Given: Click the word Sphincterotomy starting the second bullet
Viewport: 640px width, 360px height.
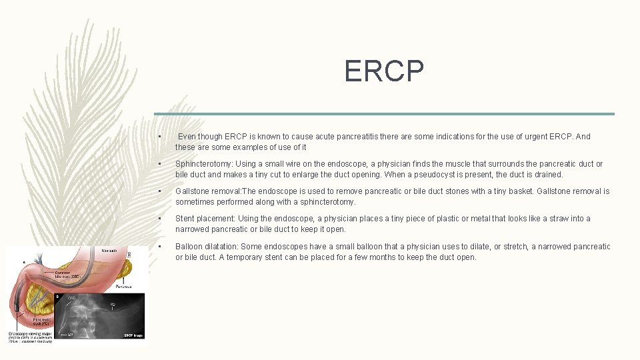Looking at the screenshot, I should click(x=203, y=164).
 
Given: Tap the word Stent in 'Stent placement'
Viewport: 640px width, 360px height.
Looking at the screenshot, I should click(x=185, y=219).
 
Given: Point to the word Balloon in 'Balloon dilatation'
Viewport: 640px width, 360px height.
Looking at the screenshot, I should click(x=189, y=247).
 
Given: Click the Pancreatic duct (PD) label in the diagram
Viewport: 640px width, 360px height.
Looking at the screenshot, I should click(x=42, y=321).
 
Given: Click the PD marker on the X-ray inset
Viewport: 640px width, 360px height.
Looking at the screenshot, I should click(x=113, y=304).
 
